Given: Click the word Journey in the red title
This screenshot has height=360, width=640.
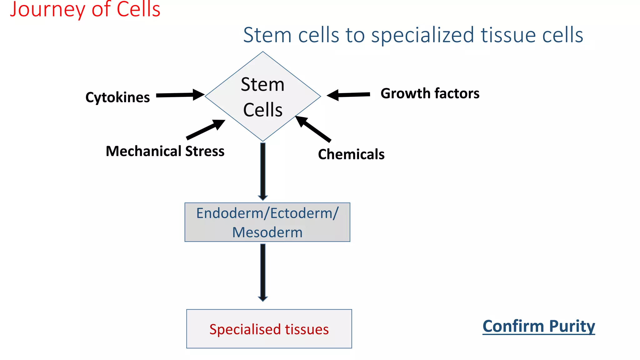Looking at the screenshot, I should click(x=47, y=9).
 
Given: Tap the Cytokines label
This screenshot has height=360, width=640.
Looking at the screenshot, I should click(x=117, y=97).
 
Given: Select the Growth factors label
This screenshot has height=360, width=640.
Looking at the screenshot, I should click(x=430, y=93).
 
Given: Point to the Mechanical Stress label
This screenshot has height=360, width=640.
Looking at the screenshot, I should click(x=165, y=151).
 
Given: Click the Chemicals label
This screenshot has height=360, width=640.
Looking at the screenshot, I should click(x=351, y=154).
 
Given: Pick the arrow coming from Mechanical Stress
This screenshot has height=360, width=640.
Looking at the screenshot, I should click(x=205, y=129).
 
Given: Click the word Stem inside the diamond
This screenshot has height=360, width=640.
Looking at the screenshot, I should click(x=262, y=85).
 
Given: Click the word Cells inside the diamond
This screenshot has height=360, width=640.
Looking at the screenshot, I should click(x=262, y=110).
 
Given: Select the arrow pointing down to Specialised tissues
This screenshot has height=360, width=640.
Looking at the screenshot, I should click(x=263, y=272).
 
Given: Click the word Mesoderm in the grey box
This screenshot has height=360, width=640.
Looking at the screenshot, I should click(x=267, y=232).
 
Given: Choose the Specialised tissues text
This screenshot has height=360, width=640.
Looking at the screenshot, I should click(x=269, y=329).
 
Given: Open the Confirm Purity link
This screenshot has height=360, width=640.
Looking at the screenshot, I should click(x=538, y=326).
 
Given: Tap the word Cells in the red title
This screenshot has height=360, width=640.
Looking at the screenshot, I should click(x=138, y=9).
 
